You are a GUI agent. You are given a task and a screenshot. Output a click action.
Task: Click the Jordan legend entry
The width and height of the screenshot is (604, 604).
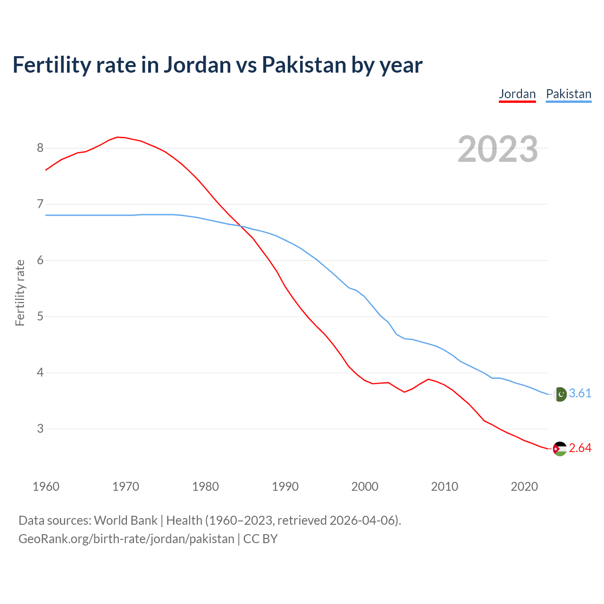(x=517, y=94)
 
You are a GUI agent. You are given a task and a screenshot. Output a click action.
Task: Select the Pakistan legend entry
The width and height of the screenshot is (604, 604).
(x=568, y=94)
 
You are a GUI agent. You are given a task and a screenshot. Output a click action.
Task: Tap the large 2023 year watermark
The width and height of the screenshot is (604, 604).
(x=497, y=149)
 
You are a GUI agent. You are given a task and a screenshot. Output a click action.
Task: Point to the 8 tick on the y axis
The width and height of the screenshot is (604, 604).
(x=40, y=148)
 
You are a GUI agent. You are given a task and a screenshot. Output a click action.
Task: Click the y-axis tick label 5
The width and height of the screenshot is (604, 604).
(x=40, y=317)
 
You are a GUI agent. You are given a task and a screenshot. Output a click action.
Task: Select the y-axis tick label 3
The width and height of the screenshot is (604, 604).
(x=40, y=429)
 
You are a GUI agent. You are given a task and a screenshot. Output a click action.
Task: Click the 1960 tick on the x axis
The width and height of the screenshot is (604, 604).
(x=46, y=487)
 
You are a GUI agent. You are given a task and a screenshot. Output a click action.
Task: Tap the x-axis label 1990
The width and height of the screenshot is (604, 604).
(x=285, y=487)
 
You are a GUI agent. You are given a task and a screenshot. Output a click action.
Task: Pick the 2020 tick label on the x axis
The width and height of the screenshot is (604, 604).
(x=524, y=487)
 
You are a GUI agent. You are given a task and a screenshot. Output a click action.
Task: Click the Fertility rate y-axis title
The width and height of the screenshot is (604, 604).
(x=20, y=293)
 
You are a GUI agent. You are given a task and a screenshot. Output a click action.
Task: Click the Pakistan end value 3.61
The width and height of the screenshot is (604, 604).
(x=580, y=394)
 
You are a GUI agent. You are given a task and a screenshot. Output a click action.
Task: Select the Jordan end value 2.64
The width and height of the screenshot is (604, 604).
(x=580, y=448)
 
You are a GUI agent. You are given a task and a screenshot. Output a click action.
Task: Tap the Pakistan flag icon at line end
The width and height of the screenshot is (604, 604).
(x=560, y=394)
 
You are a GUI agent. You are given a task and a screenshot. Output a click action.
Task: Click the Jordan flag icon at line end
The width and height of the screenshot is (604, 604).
(x=560, y=449)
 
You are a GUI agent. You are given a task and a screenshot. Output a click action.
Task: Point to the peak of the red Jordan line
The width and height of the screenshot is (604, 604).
(x=118, y=137)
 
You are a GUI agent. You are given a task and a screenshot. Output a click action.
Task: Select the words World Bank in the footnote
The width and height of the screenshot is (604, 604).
(x=126, y=520)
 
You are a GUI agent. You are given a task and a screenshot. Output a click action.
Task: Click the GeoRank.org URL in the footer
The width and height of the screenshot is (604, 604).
(x=126, y=539)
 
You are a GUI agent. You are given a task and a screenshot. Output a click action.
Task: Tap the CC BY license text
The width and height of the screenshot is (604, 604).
(x=260, y=539)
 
